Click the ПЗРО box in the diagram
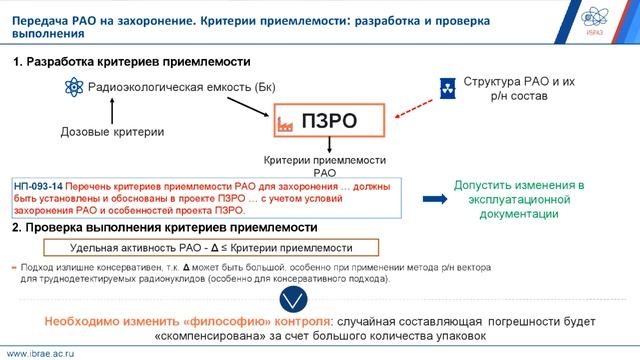coord(327,122)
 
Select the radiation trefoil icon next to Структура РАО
coord(447,85)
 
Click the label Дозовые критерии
coord(100,132)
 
